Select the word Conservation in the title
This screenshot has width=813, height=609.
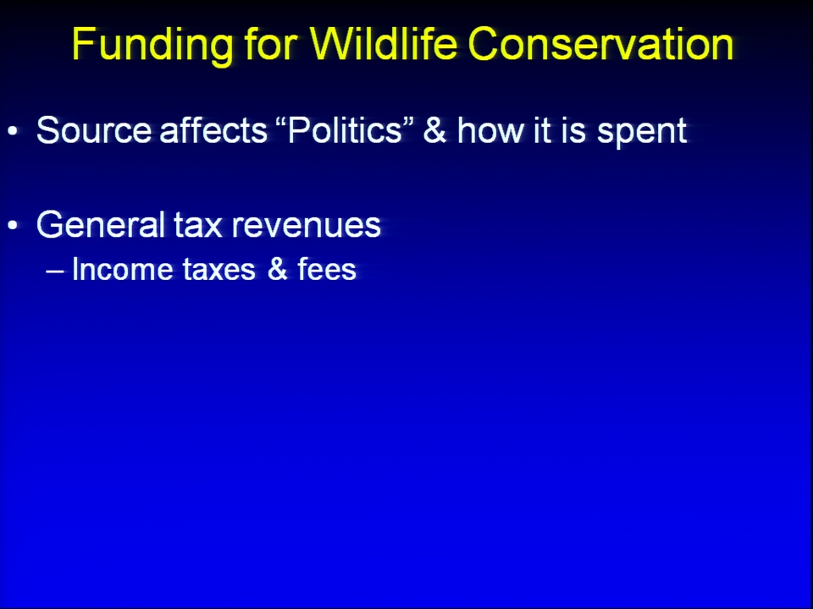pyautogui.click(x=600, y=43)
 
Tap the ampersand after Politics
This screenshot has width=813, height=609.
pyautogui.click(x=434, y=129)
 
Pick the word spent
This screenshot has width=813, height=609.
pyautogui.click(x=642, y=133)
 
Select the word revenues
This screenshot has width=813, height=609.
pyautogui.click(x=306, y=228)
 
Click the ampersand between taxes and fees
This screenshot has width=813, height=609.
pyautogui.click(x=278, y=270)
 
